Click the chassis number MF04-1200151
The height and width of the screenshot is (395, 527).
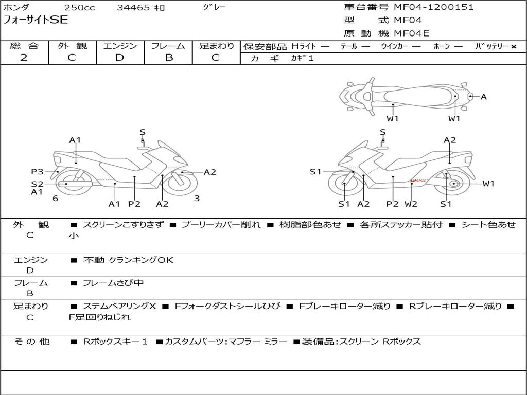[x=434, y=7]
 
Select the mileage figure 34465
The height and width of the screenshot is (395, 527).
[x=133, y=8]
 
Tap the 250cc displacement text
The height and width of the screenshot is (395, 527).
[x=79, y=8]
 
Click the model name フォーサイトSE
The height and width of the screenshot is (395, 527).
[x=36, y=20]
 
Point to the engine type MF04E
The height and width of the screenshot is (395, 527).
[x=411, y=34]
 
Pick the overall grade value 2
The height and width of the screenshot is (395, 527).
[x=24, y=58]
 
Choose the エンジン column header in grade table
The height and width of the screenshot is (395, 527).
[x=120, y=46]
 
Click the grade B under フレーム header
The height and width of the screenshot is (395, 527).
[x=168, y=58]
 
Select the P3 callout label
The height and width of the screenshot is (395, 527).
[x=37, y=172]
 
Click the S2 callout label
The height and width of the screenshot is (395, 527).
[x=37, y=184]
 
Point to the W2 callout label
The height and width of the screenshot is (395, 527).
[x=411, y=204]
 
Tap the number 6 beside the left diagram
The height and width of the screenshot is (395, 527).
[x=55, y=198]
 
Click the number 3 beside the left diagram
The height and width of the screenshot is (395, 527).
[x=197, y=198]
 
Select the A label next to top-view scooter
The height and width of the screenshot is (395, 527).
[x=483, y=96]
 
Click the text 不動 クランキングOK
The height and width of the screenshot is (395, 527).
[x=128, y=260]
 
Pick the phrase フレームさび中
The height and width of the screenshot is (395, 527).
[x=113, y=283]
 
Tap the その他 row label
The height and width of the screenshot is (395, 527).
[x=31, y=342]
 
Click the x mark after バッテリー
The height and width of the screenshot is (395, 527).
[x=514, y=46]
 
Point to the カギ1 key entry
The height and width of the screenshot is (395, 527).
[x=302, y=58]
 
